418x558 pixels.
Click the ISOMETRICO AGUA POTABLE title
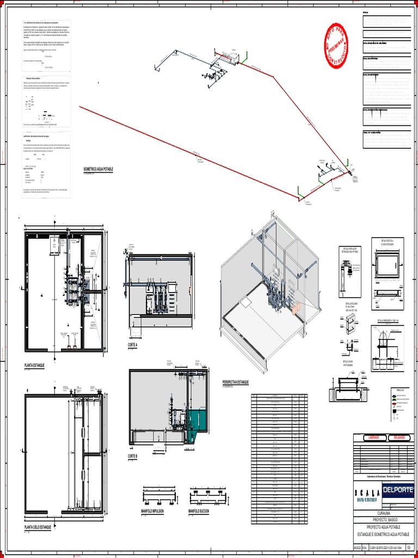(98, 170)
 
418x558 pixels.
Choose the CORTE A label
(133, 345)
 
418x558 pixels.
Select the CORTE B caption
(133, 456)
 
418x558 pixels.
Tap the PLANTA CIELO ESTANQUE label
(38, 527)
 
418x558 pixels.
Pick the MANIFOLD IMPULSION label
(153, 511)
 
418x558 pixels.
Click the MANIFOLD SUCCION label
(199, 511)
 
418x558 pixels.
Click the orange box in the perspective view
(296, 308)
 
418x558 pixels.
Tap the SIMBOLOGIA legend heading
(401, 390)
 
